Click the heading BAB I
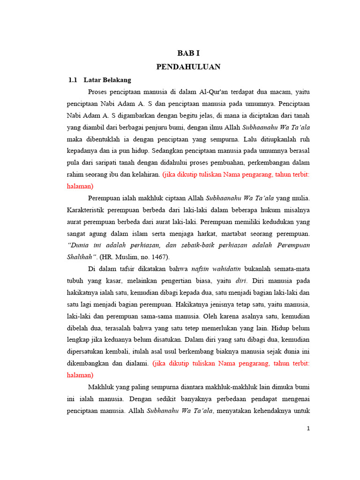pos(188,53)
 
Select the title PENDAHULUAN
pos(188,67)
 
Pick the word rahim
pos(76,174)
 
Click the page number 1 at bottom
pos(308,428)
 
